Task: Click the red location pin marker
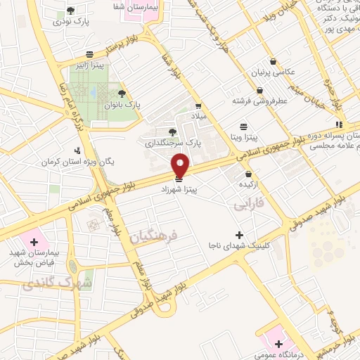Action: (x=180, y=165)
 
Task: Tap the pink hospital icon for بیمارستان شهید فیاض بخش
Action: (x=34, y=241)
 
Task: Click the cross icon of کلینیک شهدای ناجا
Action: (x=239, y=234)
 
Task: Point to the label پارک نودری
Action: (x=70, y=21)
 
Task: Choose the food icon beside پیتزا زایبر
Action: (x=89, y=54)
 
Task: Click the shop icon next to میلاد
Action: (x=199, y=106)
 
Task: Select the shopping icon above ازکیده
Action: (x=247, y=174)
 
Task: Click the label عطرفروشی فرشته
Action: (x=259, y=101)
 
